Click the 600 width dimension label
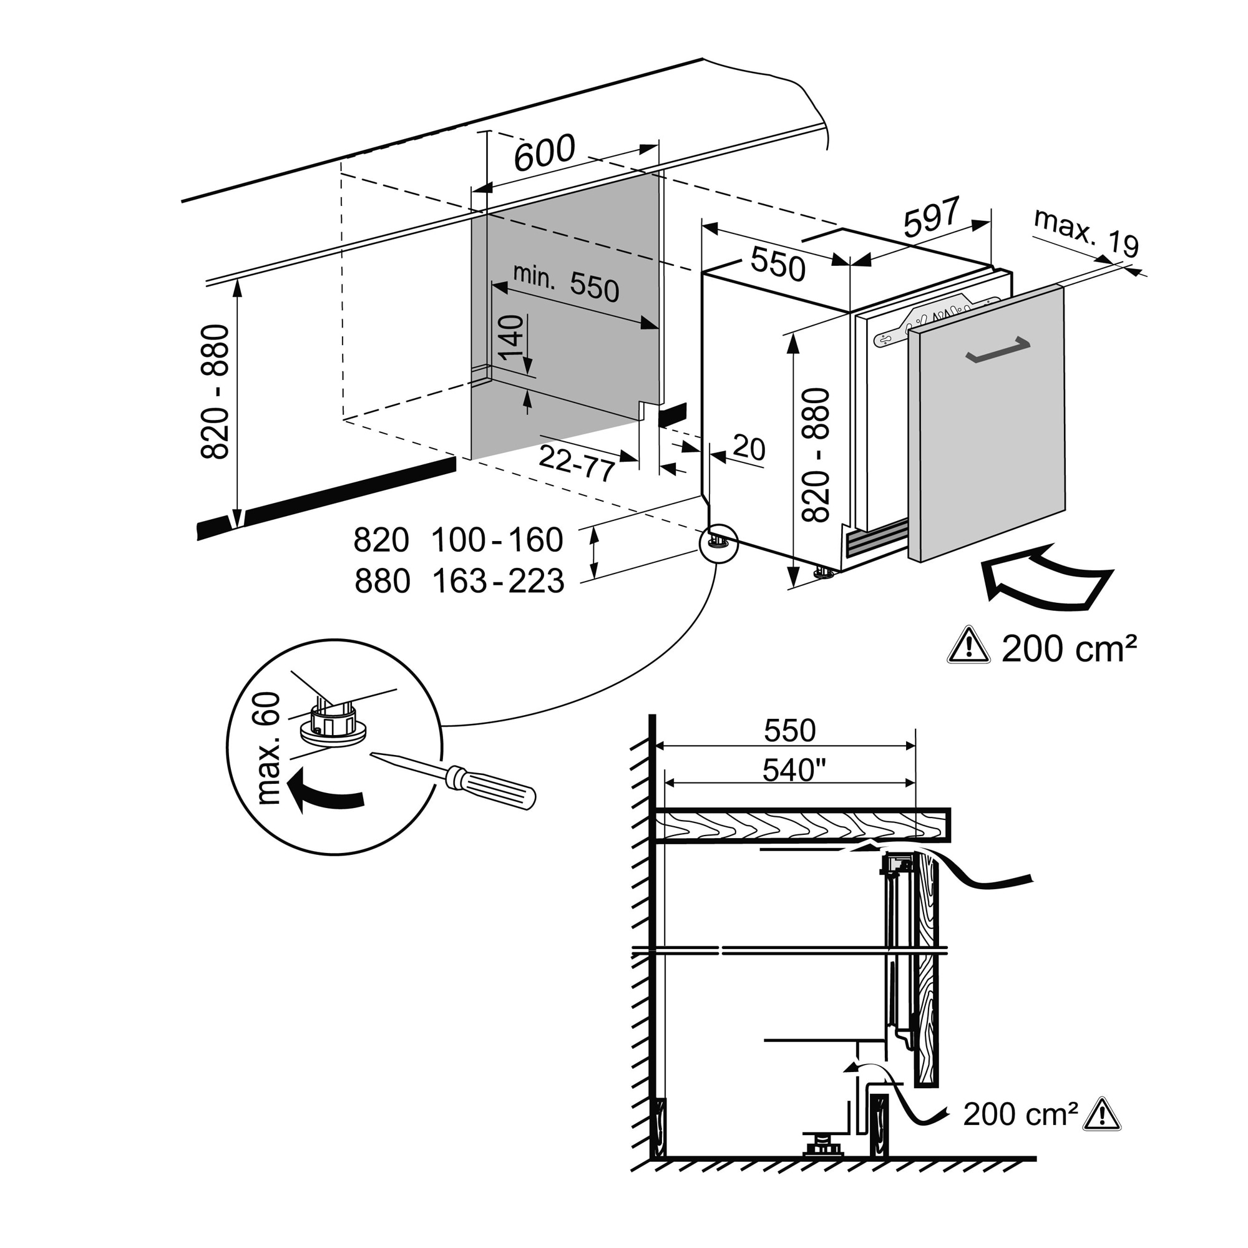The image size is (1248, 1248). click(545, 153)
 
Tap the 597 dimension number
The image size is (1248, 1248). click(932, 217)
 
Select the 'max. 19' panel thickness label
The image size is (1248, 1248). click(1086, 233)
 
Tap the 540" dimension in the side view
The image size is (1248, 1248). click(794, 770)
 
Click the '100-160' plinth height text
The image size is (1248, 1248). click(497, 540)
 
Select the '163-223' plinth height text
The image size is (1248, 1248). click(498, 582)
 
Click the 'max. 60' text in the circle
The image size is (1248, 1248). click(269, 748)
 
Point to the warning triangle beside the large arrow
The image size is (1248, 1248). click(968, 646)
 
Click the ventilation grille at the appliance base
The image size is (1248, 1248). click(876, 537)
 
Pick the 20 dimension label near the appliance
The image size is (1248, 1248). click(749, 447)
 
